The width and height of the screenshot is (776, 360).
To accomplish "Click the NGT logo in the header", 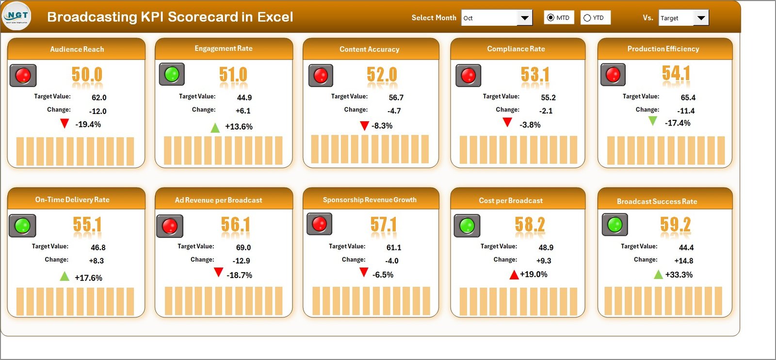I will coord(17,16).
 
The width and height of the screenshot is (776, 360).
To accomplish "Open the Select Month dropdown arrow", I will coord(524,18).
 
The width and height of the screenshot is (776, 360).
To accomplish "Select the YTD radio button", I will coord(587,18).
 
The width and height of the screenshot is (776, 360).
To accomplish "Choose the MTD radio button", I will coord(550,18).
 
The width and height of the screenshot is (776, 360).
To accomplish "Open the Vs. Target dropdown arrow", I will coord(701,18).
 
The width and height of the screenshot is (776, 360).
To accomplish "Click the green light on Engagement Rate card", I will coord(172,74).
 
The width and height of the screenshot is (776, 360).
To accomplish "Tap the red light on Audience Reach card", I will coord(23,75).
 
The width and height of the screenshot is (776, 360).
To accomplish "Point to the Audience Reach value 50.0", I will coord(87,75).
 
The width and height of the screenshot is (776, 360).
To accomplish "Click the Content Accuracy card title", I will coord(369,49).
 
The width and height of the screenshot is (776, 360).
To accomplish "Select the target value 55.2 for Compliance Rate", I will coord(548,98).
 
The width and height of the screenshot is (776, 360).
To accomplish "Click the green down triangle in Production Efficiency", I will coord(653,120).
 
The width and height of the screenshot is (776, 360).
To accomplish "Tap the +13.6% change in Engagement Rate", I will coord(239,127).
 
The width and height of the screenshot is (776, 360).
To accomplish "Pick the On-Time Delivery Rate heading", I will coord(72,199).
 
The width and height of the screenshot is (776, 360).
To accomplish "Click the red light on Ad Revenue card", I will coord(169,226).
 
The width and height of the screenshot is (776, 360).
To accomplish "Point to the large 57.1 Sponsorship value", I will coord(383,225).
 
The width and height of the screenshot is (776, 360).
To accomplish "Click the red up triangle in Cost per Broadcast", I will coord(514,275).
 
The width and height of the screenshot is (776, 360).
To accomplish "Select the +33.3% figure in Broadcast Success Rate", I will coord(679,275).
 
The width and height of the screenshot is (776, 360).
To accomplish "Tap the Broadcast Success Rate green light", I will coord(614,225).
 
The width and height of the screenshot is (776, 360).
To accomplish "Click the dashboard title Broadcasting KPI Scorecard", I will coord(170,16).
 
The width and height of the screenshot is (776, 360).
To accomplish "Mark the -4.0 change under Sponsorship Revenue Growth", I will coord(391,261).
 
